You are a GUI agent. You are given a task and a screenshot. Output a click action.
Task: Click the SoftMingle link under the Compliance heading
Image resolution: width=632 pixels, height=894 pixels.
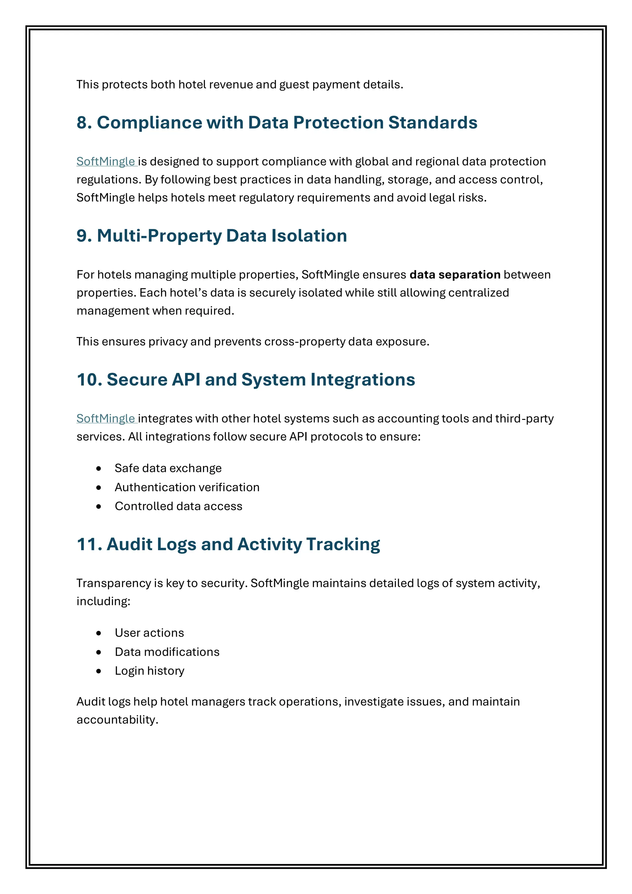tap(106, 161)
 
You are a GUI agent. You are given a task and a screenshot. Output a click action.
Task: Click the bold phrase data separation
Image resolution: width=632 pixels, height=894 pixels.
tap(455, 275)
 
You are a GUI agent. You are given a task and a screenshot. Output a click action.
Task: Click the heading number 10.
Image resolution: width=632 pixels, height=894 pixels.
tap(89, 380)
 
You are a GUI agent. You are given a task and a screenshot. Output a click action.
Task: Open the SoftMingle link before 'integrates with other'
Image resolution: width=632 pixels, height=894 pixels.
tap(106, 419)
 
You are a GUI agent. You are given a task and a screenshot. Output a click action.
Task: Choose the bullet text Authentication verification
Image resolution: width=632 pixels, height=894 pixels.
tap(187, 487)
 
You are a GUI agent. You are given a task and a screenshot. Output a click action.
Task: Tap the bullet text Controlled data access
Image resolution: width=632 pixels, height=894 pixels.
tap(178, 506)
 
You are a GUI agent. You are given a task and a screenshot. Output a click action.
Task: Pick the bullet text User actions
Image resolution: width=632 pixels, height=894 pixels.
tap(149, 633)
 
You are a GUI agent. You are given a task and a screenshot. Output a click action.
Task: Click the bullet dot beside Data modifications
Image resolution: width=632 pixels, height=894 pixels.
tap(99, 652)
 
